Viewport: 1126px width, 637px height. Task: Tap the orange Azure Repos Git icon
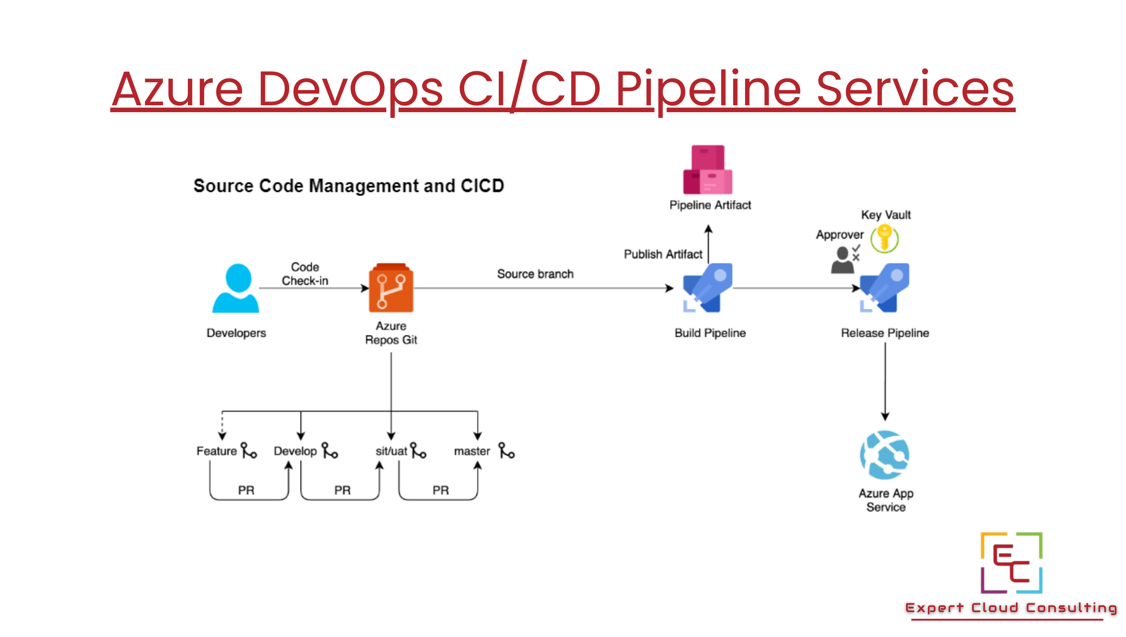(x=391, y=288)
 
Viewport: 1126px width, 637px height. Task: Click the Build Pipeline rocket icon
(x=708, y=287)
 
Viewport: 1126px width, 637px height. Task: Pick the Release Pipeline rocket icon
(x=885, y=287)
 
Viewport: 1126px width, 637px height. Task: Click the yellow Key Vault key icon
(x=884, y=238)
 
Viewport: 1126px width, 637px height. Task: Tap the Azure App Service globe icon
(x=884, y=455)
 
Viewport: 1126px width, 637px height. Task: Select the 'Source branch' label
(x=535, y=274)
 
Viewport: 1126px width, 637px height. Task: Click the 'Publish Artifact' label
(x=663, y=254)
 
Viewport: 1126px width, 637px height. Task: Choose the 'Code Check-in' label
(x=305, y=274)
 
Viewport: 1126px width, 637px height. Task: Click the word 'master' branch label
(x=472, y=451)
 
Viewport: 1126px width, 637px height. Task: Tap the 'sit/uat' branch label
(x=391, y=451)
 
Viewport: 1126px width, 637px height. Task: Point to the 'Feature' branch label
(x=216, y=451)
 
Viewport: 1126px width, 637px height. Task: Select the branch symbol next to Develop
(x=330, y=451)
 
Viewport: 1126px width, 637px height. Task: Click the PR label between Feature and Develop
(x=246, y=490)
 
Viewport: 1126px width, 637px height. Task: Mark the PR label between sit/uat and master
(x=441, y=490)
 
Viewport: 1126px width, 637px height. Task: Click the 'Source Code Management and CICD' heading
(x=349, y=186)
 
